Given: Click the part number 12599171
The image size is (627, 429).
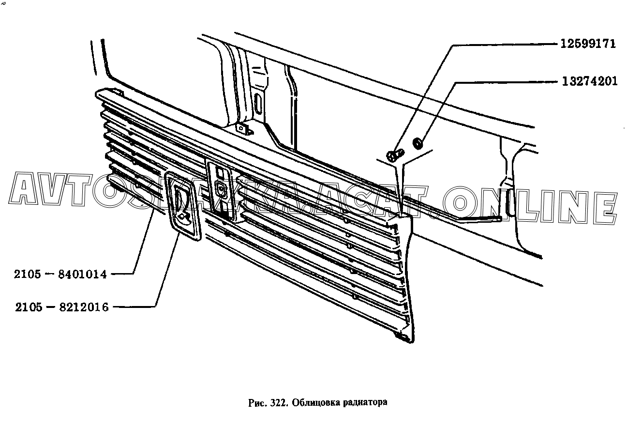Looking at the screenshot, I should (588, 44).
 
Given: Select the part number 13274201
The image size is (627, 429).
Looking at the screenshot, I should (590, 81).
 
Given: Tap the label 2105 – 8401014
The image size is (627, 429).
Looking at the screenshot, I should (60, 275).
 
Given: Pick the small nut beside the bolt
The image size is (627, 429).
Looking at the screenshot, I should (416, 143).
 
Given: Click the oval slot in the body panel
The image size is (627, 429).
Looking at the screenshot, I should (258, 104).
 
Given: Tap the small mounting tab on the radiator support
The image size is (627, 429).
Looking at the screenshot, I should (241, 129).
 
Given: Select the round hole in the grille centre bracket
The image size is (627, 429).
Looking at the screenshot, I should (221, 189).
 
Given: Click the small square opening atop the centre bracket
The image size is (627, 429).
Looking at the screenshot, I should (219, 173).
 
